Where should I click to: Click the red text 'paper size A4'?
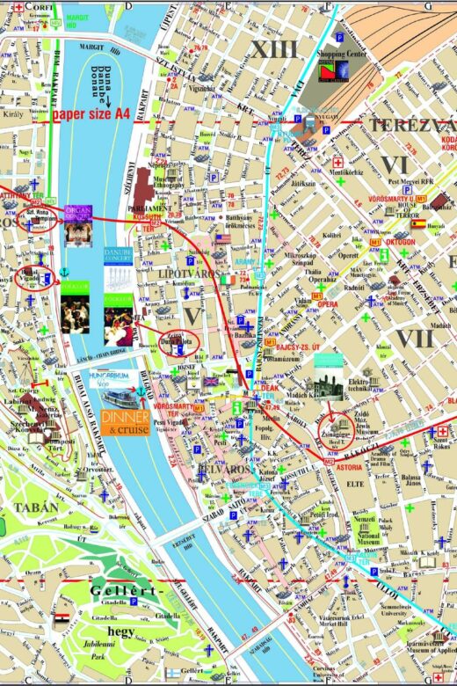[91, 113]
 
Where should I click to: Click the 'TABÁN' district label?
[36, 507]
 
